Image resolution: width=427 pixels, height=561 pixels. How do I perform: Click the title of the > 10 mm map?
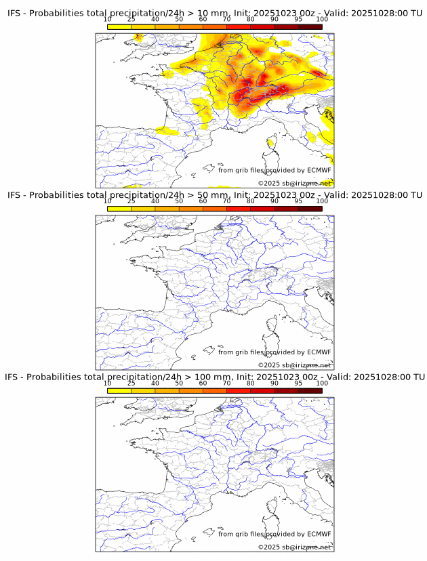(x=214, y=14)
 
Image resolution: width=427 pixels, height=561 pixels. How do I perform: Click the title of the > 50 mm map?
(x=214, y=195)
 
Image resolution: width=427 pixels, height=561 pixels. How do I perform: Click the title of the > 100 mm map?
(x=214, y=377)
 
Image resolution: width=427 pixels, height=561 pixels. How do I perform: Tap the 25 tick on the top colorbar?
(x=131, y=19)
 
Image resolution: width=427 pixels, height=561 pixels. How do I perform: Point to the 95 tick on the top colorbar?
(x=298, y=19)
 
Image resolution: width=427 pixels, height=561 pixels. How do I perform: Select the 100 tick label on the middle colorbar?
(x=322, y=201)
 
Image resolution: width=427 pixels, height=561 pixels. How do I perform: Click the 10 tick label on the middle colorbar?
(x=108, y=201)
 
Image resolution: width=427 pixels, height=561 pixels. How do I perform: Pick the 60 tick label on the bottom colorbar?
(x=203, y=383)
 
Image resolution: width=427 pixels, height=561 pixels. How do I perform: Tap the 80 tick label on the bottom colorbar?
(x=251, y=383)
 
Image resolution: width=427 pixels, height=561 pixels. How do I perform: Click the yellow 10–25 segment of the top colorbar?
(x=119, y=26)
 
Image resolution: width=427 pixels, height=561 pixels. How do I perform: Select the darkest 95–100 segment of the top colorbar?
(x=310, y=26)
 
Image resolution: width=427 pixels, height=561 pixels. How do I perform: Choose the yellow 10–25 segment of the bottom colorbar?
(x=119, y=390)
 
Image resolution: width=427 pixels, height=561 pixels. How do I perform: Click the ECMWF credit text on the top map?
(x=274, y=170)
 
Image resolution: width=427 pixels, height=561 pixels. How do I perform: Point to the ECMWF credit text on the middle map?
(x=274, y=352)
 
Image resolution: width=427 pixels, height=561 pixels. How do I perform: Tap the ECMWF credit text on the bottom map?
(x=274, y=534)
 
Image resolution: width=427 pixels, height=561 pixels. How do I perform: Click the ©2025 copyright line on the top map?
(x=295, y=183)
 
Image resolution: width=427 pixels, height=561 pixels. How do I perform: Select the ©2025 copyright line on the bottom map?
(x=295, y=547)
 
